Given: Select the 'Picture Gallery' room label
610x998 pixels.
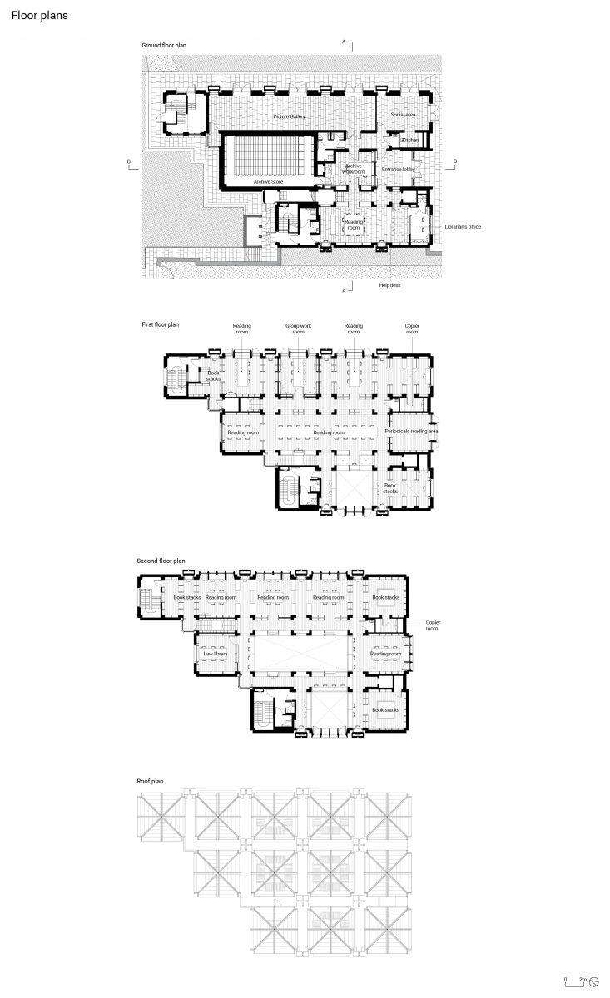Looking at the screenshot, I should click(x=288, y=117).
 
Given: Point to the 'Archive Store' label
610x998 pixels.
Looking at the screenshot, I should click(x=269, y=180).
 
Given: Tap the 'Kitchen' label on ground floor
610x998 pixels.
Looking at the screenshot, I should click(x=409, y=141).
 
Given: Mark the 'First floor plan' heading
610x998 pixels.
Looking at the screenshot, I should click(x=160, y=324).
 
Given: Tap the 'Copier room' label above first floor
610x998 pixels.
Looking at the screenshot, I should click(x=412, y=329).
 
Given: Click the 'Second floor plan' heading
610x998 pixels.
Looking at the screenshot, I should click(x=161, y=561).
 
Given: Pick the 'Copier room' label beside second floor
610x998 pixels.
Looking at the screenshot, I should click(x=433, y=625).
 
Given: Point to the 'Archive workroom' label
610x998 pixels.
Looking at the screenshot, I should click(x=354, y=169).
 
